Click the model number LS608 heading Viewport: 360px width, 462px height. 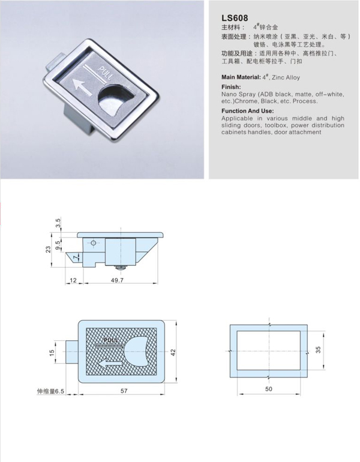pos(235,18)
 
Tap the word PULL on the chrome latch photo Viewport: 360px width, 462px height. pos(105,73)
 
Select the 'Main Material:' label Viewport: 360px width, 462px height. pos(241,77)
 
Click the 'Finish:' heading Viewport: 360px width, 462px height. pos(231,87)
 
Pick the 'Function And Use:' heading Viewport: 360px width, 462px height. pos(247,111)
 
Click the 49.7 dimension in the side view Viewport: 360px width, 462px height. pos(117,280)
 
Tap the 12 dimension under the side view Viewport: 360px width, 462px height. pos(73,280)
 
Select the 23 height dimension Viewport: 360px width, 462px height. pos(49,249)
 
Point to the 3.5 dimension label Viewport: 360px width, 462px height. pos(58,223)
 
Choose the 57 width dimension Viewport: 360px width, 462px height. pos(124,391)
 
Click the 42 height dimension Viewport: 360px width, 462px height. pos(173,352)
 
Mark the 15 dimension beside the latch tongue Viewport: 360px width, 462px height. pos(52,352)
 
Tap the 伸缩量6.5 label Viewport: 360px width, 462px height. pos(50,392)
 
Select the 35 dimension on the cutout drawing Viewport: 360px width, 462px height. pos(318,350)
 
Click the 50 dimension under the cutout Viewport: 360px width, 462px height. pos(269,389)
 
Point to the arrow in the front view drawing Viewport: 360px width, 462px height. pos(110,364)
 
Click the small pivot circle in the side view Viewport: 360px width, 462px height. pos(94,243)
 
